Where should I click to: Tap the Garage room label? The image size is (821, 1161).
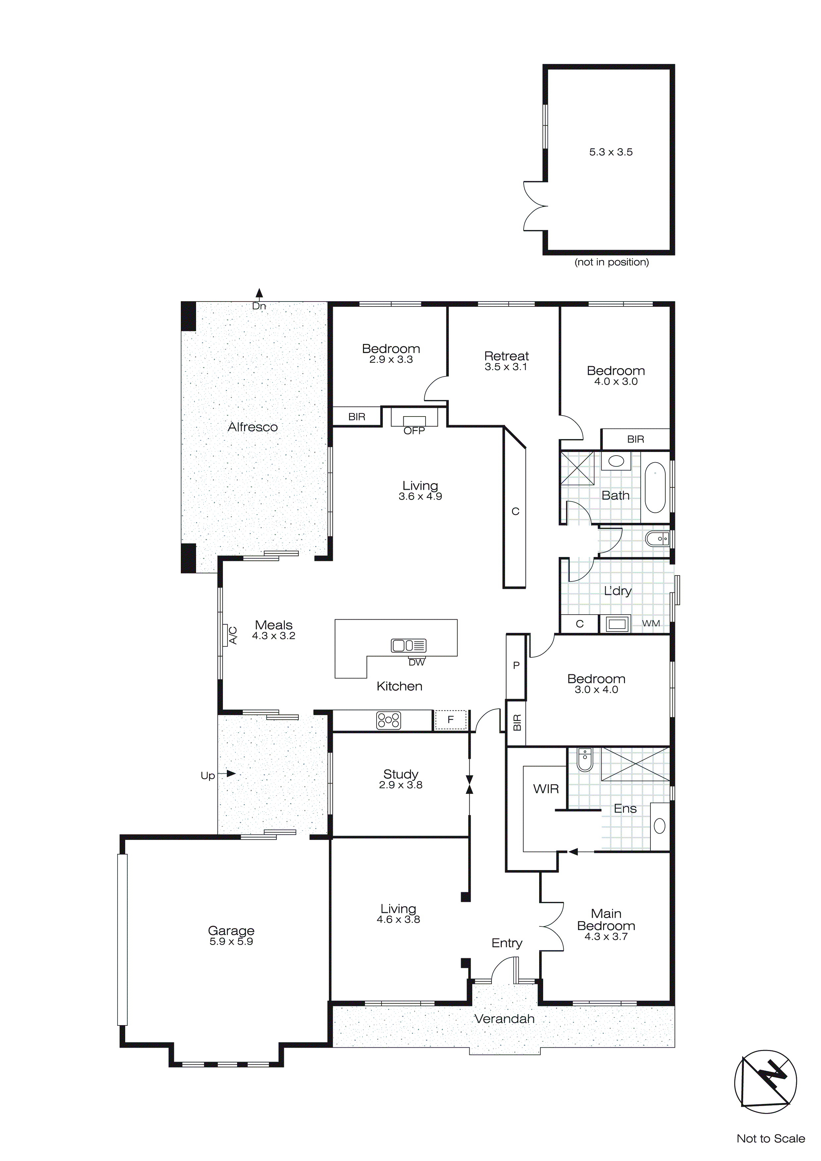click(231, 930)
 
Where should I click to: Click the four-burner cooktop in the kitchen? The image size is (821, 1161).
click(388, 720)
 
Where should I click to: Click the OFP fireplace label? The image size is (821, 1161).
click(414, 431)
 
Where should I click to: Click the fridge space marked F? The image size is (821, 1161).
click(450, 720)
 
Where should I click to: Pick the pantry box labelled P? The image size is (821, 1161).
click(516, 665)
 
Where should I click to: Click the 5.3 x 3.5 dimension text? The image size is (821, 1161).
click(611, 152)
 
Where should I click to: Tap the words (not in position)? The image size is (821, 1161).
click(611, 262)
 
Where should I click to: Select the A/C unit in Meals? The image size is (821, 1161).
click(226, 635)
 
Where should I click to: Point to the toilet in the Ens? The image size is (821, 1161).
click(585, 761)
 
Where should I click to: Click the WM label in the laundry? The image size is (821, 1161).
click(651, 624)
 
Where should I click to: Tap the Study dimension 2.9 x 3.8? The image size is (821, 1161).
click(400, 785)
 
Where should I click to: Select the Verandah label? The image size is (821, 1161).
click(504, 1019)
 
